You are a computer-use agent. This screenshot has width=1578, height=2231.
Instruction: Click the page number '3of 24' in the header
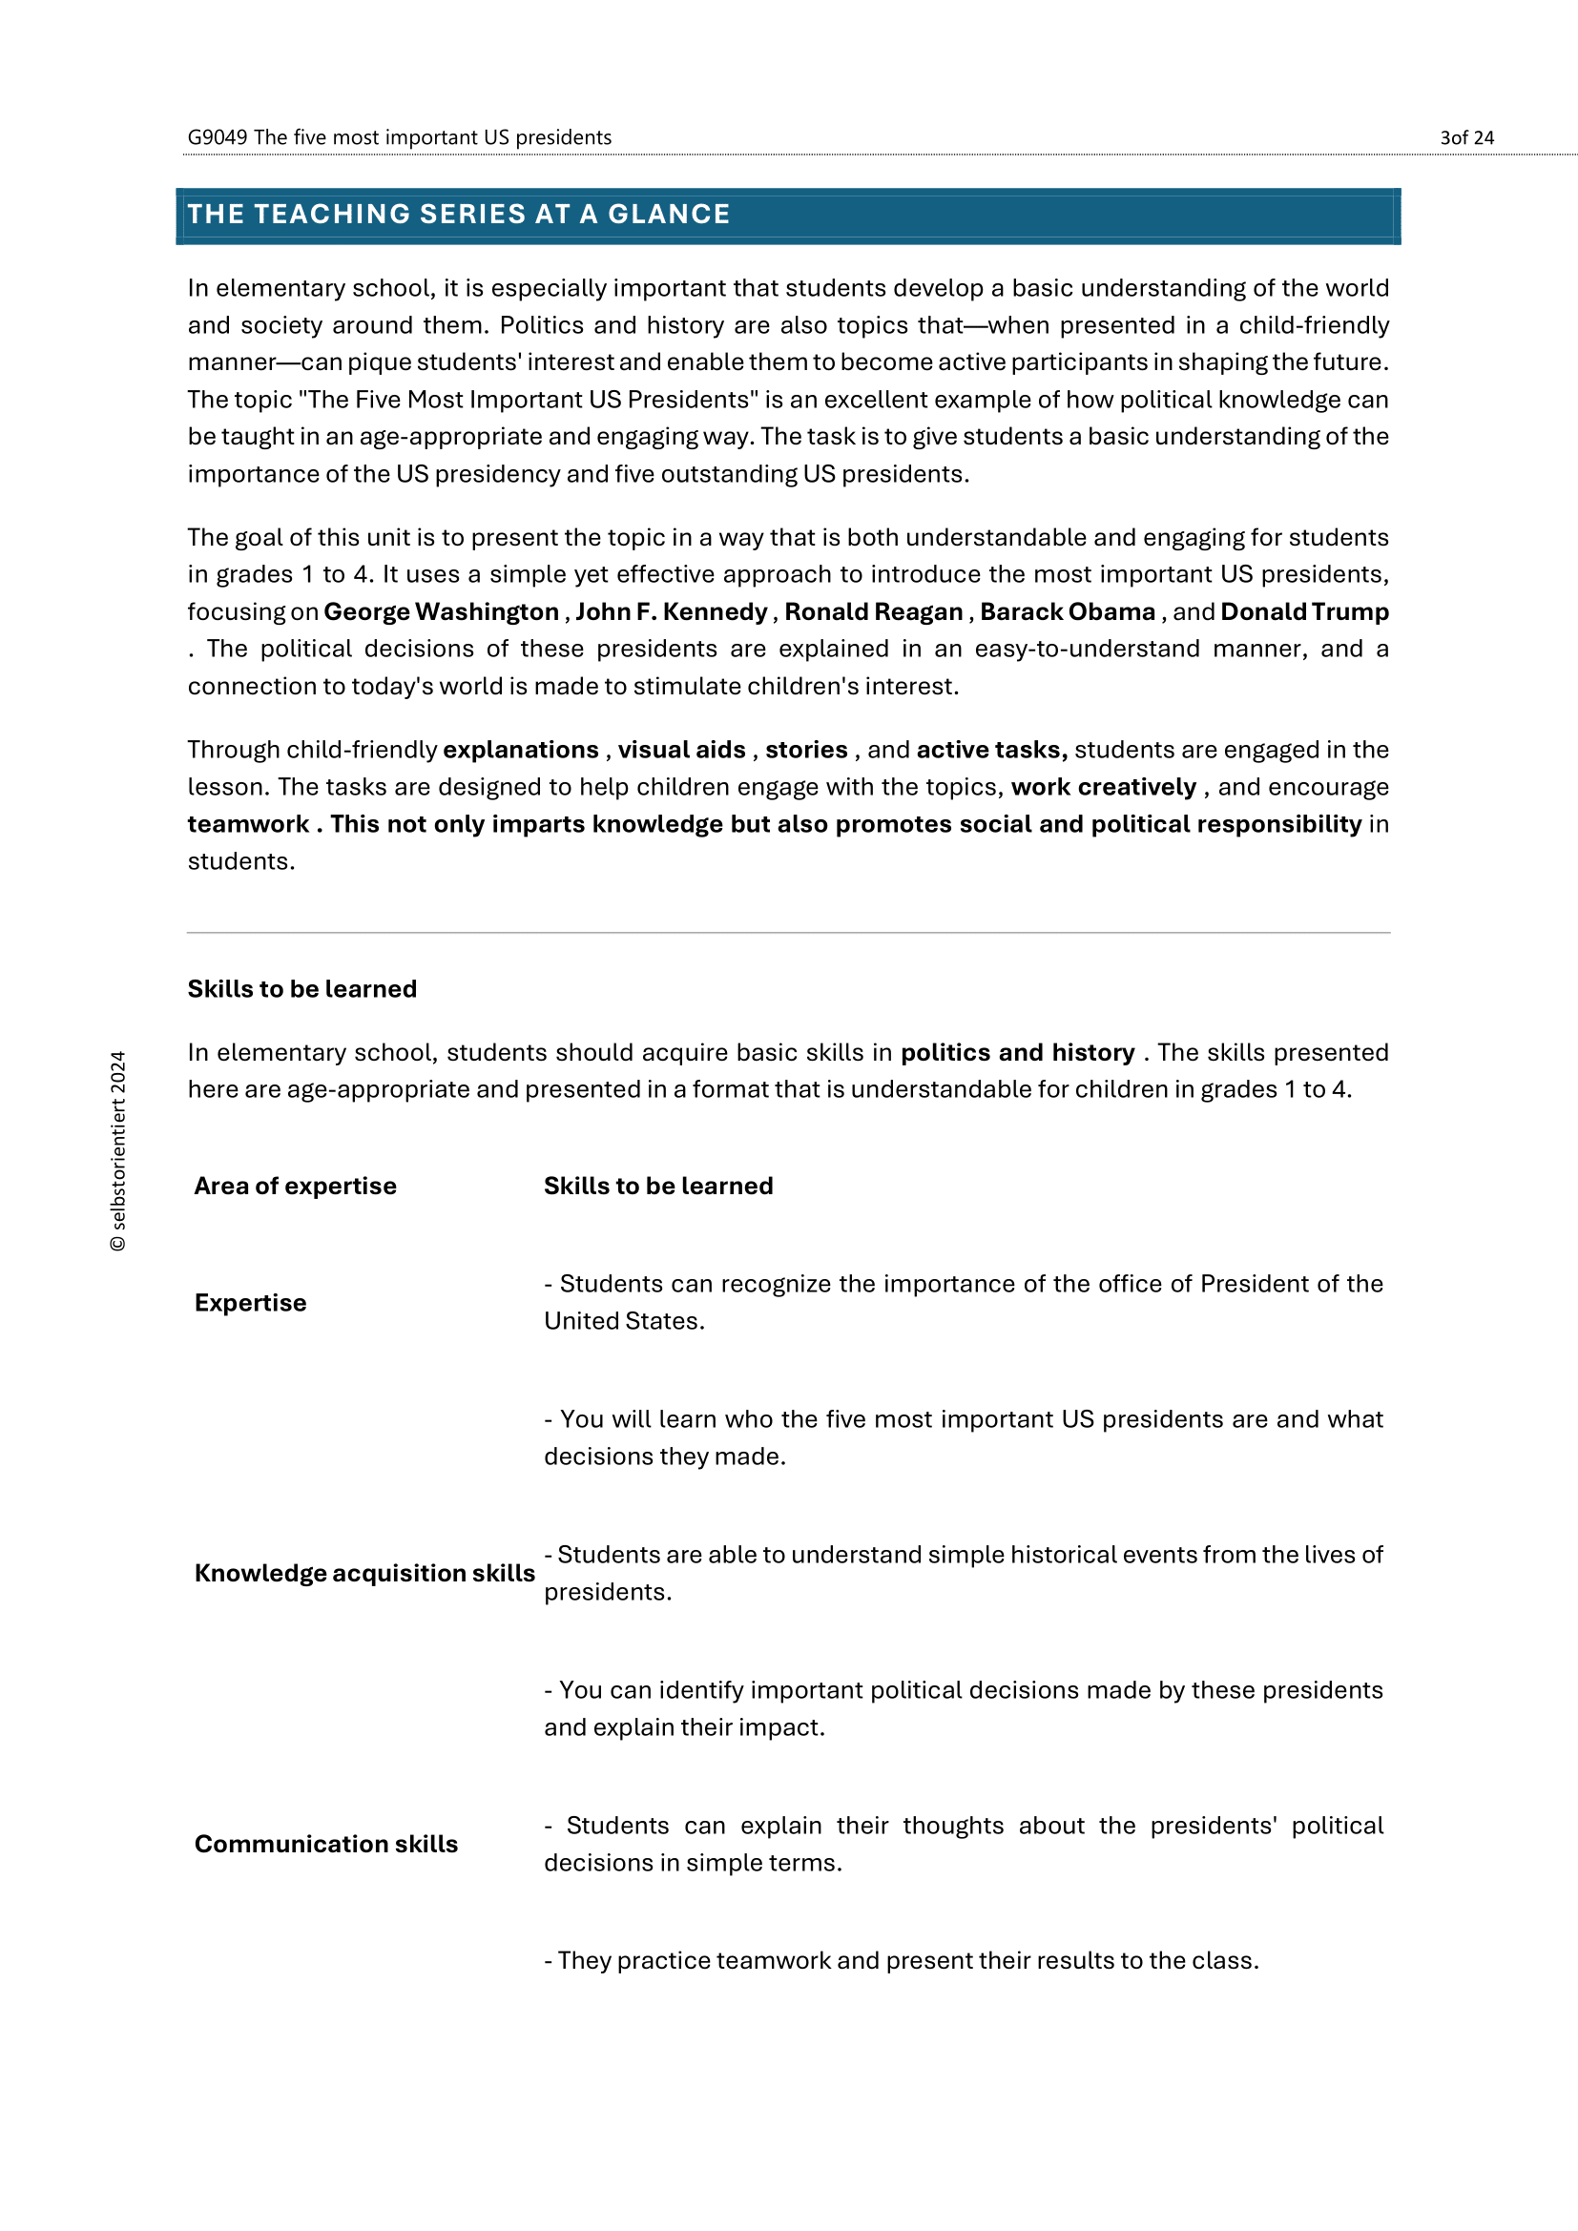(x=1465, y=138)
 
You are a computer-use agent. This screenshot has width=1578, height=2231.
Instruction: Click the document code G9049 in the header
(x=217, y=138)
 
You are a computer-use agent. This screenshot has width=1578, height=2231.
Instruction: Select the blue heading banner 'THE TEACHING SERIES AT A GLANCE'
(x=787, y=215)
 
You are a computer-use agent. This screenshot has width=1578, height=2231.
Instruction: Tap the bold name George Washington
(x=441, y=612)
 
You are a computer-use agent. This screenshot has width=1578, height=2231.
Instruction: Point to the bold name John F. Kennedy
(x=672, y=612)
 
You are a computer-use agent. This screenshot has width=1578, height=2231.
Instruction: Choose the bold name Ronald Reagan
(x=874, y=612)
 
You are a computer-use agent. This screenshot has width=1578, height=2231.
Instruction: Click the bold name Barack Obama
(x=1067, y=612)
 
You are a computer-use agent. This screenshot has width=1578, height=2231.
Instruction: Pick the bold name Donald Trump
(x=1304, y=612)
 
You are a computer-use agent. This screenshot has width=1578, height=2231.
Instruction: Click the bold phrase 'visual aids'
(x=681, y=750)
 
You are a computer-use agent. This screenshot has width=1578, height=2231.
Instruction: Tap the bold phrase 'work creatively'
(x=1103, y=787)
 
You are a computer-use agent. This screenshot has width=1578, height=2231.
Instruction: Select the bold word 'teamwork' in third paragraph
(x=248, y=824)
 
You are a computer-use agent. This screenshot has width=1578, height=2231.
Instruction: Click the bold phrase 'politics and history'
(x=1016, y=1052)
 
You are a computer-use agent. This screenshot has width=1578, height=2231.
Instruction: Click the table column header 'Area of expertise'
(x=296, y=1186)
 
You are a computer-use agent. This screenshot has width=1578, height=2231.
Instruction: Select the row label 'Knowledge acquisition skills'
(x=364, y=1573)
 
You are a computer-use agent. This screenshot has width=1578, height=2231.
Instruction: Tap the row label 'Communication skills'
(x=325, y=1845)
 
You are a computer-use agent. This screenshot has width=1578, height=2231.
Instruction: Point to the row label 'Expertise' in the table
(x=251, y=1303)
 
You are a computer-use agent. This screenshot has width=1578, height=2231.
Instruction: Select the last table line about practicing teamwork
(x=901, y=1961)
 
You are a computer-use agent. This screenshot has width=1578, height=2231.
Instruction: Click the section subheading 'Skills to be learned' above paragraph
(x=302, y=989)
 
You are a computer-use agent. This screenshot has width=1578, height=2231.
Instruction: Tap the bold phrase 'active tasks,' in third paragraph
(x=991, y=750)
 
